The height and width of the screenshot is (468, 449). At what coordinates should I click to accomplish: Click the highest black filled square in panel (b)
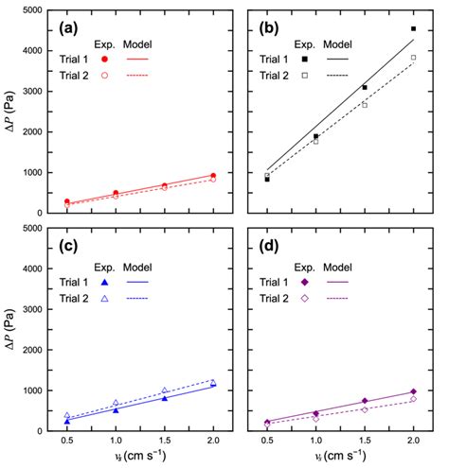coord(413,29)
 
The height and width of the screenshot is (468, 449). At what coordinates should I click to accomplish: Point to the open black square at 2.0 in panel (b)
coord(413,58)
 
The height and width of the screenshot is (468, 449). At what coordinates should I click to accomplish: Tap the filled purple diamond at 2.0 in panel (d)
coord(413,391)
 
